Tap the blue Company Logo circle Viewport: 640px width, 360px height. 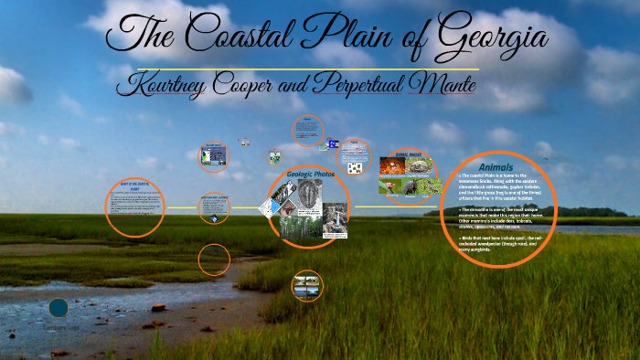coord(59,308)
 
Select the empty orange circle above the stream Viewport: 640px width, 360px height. coord(214,259)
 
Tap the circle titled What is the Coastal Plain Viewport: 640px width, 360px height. coord(134,207)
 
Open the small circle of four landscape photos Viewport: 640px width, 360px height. coord(307,285)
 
